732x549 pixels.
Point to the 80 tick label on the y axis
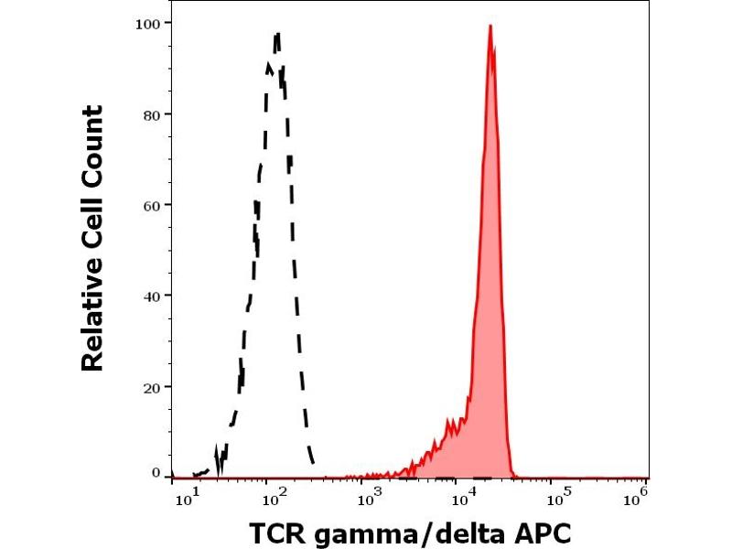pyautogui.click(x=154, y=114)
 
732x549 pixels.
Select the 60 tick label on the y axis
pyautogui.click(x=154, y=205)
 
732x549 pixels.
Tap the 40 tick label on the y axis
pyautogui.click(x=154, y=296)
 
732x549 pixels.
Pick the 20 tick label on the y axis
pyautogui.click(x=154, y=387)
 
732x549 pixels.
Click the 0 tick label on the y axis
pyautogui.click(x=156, y=473)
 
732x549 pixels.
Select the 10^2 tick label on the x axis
pyautogui.click(x=274, y=495)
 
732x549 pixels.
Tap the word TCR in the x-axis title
pyautogui.click(x=277, y=533)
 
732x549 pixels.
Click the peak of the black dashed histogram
pyautogui.click(x=276, y=34)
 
